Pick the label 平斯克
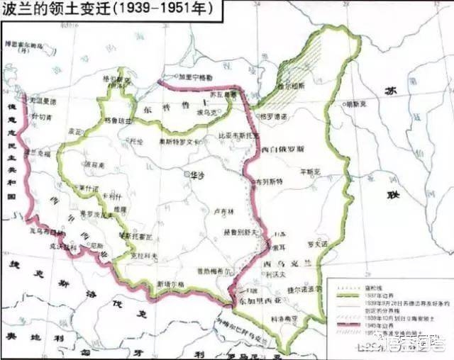click(310, 171)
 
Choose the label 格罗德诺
click(273, 116)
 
